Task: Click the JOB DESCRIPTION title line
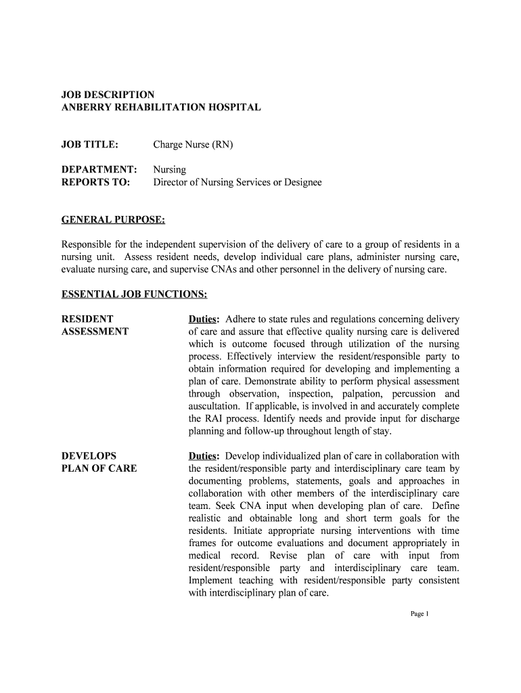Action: tap(108, 95)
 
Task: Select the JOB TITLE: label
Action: tap(90, 145)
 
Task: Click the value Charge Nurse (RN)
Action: tap(193, 145)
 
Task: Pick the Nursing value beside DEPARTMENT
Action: tap(169, 169)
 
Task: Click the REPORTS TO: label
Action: tap(95, 182)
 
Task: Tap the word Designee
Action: tap(296, 182)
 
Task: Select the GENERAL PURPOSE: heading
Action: tap(113, 220)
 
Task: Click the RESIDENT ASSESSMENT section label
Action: tap(95, 326)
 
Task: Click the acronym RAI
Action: tap(216, 418)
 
